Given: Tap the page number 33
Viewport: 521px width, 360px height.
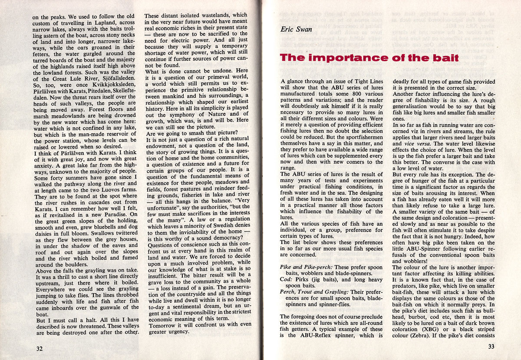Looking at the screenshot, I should coord(491,346).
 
